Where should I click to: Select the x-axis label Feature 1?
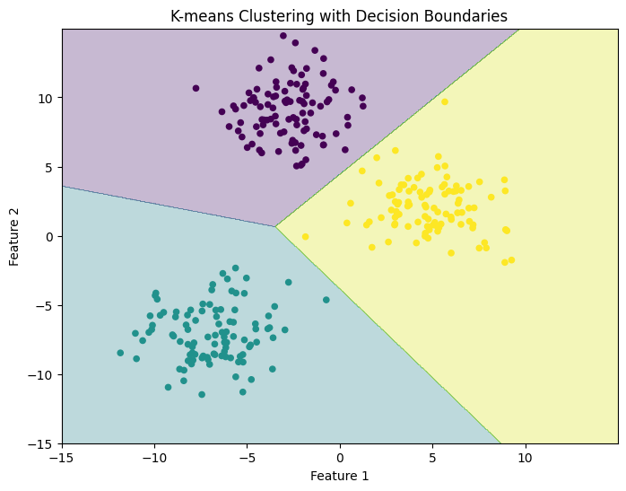[340, 476]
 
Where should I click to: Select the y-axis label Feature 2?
[15, 236]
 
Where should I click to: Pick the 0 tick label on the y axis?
[50, 236]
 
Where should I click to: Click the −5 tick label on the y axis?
[45, 306]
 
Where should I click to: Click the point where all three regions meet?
[275, 226]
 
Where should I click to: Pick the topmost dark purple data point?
[283, 36]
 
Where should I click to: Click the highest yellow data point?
[444, 101]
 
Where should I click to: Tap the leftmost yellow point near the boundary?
[305, 237]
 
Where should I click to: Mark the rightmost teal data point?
[326, 300]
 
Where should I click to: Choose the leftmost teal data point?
[120, 353]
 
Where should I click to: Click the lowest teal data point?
[202, 394]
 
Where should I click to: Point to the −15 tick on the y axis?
[62, 444]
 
